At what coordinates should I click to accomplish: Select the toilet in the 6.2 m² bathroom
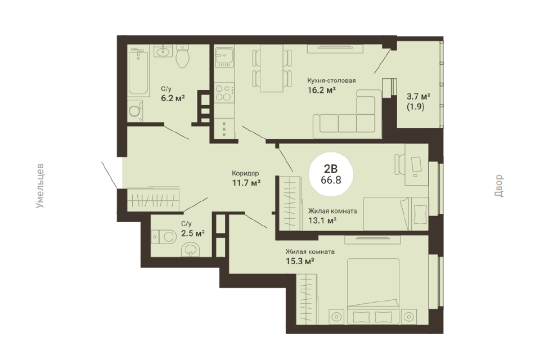coord(182,56)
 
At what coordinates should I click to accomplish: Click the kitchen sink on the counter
coord(224,57)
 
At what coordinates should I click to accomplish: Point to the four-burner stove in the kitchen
coord(224,93)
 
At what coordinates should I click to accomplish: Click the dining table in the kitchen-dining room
coord(272,68)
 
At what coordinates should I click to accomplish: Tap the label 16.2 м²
coord(321,90)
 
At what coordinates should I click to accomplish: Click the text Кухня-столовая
coord(331,80)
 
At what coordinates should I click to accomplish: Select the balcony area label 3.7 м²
coord(418,96)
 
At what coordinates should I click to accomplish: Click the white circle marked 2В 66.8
coord(331,174)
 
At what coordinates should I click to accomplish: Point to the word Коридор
coord(245,173)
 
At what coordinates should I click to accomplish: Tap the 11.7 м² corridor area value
coord(246,183)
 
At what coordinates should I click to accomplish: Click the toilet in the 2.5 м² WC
coord(163,237)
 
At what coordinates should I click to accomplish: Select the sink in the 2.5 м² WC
coord(190,249)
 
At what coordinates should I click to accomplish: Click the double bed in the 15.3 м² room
coord(373,291)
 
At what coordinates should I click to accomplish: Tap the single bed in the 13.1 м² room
coord(396,214)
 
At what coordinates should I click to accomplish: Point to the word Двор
coord(499,186)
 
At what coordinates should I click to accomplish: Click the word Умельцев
coord(40,186)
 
